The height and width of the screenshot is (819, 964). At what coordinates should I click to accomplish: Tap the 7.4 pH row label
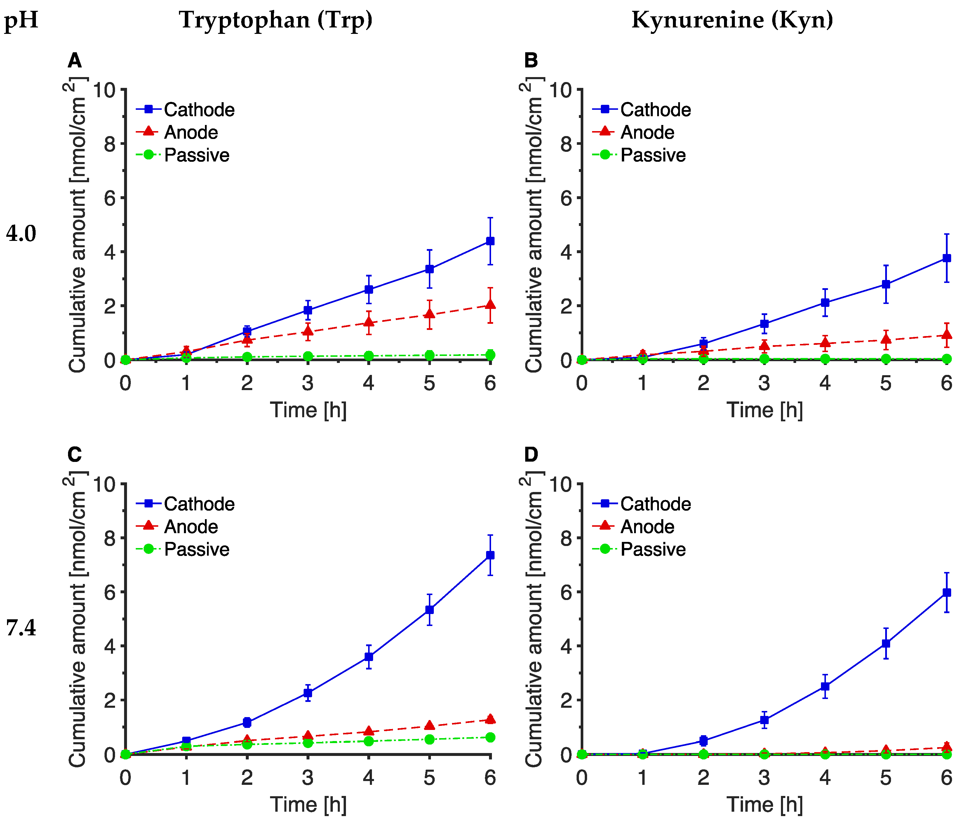pyautogui.click(x=21, y=628)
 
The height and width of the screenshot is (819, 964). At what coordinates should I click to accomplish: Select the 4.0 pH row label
pyautogui.click(x=21, y=233)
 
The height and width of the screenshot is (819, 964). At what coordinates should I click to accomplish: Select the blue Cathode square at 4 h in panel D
pyautogui.click(x=825, y=686)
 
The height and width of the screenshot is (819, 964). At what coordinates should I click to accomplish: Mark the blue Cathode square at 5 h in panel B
pyautogui.click(x=885, y=284)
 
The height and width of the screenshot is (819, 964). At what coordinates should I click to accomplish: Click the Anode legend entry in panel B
pyautogui.click(x=647, y=132)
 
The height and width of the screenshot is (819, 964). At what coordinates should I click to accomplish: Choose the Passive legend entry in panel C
pyautogui.click(x=196, y=549)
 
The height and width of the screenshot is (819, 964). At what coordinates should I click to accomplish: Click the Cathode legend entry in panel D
pyautogui.click(x=655, y=504)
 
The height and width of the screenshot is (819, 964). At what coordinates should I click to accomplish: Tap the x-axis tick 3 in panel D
pyautogui.click(x=764, y=778)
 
